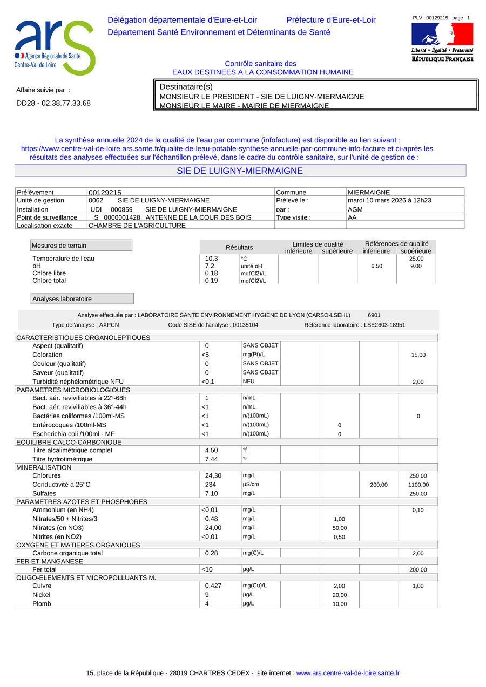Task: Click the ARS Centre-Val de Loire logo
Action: coord(54,47)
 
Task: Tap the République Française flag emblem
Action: coord(442,34)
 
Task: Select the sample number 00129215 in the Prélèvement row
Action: coord(105,193)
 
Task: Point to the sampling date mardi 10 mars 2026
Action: coord(389,200)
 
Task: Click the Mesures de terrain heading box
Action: coord(81,246)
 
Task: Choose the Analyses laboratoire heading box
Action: coord(82,299)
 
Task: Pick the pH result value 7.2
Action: coord(210,266)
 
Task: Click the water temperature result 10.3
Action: coord(212,259)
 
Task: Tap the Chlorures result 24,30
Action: coord(213,476)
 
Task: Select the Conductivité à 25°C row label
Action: coord(62,485)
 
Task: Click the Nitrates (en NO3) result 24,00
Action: coord(213,528)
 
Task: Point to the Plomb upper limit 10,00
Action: coord(340,604)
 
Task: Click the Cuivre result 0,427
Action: coord(213,586)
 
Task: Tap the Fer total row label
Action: coord(44,569)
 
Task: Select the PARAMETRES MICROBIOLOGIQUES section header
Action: coord(73,390)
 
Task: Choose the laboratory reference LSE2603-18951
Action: coord(384,325)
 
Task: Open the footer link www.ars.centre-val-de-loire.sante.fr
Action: coord(348,673)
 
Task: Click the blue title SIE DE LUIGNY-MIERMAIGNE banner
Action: coord(240,171)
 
